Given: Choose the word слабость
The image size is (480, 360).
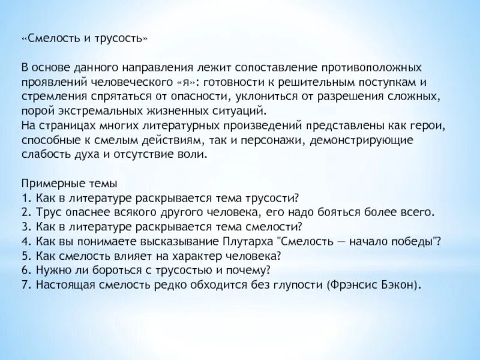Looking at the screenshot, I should coord(44,154).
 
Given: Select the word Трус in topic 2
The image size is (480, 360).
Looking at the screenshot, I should coord(44,212).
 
